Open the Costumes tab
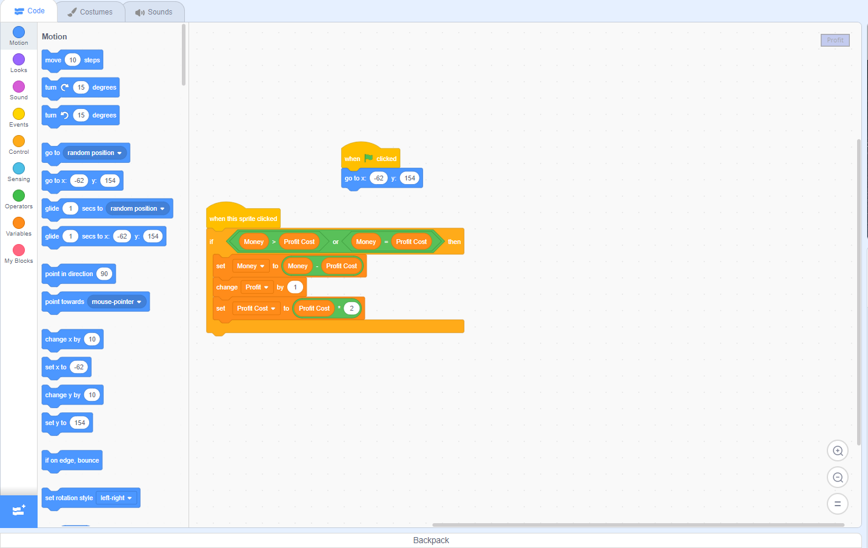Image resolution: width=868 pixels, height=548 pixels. point(91,12)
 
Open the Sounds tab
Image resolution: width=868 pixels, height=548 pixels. point(154,12)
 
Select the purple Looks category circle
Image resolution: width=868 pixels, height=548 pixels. point(19,59)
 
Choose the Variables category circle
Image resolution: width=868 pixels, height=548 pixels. point(19,223)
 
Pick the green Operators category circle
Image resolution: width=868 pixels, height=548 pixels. point(19,196)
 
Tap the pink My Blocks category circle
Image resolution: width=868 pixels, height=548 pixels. point(19,251)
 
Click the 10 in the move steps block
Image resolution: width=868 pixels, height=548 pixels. point(73,60)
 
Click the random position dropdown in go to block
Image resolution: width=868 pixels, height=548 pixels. point(95,153)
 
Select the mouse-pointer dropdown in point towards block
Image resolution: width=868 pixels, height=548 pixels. point(116,302)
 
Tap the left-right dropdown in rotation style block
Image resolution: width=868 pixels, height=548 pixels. point(116,498)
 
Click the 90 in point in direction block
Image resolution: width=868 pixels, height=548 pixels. point(104,274)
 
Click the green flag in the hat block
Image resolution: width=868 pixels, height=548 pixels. point(369,158)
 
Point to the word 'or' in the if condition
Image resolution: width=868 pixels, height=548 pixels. point(336,242)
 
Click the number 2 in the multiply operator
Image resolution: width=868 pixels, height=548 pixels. point(352,308)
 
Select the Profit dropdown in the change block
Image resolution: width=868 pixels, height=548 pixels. point(257,287)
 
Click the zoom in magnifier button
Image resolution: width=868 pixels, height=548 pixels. point(838,451)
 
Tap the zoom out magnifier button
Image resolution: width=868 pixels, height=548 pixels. point(838,478)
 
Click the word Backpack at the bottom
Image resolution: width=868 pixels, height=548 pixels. point(431,540)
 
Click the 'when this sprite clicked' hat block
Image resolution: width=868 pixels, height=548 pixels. point(243,217)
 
